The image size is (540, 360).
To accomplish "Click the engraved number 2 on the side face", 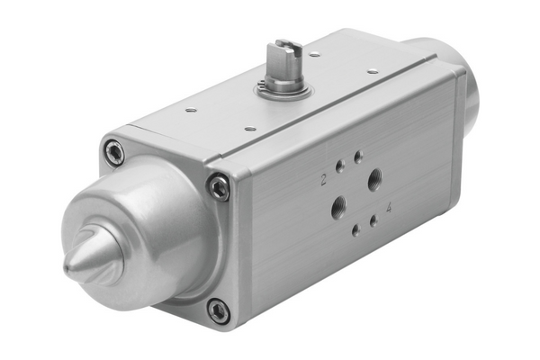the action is coord(323,180).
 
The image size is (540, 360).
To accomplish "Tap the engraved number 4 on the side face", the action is coord(389,208).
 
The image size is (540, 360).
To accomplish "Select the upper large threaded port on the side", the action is coord(374,179).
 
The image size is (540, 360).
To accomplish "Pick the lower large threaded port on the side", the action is coord(339,206).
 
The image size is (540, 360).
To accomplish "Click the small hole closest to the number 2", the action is coord(339,167).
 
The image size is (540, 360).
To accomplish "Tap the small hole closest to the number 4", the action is coord(373,220).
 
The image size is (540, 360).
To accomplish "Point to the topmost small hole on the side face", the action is coord(358,157).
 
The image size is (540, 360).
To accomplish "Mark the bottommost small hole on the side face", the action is coord(356,229).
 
